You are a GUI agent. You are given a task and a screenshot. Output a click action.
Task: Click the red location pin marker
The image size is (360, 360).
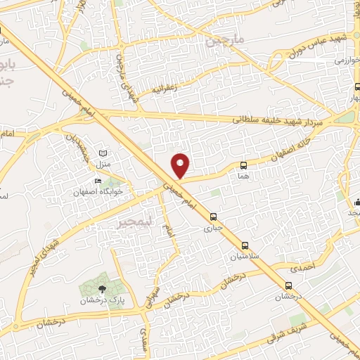(181, 165)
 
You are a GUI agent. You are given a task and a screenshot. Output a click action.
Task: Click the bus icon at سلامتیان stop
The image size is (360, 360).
(245, 245)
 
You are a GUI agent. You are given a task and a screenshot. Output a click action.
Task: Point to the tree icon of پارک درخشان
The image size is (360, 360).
(102, 288)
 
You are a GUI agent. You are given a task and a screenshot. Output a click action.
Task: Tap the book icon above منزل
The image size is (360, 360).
(103, 153)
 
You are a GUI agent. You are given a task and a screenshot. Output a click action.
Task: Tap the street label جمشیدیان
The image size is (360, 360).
(79, 143)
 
